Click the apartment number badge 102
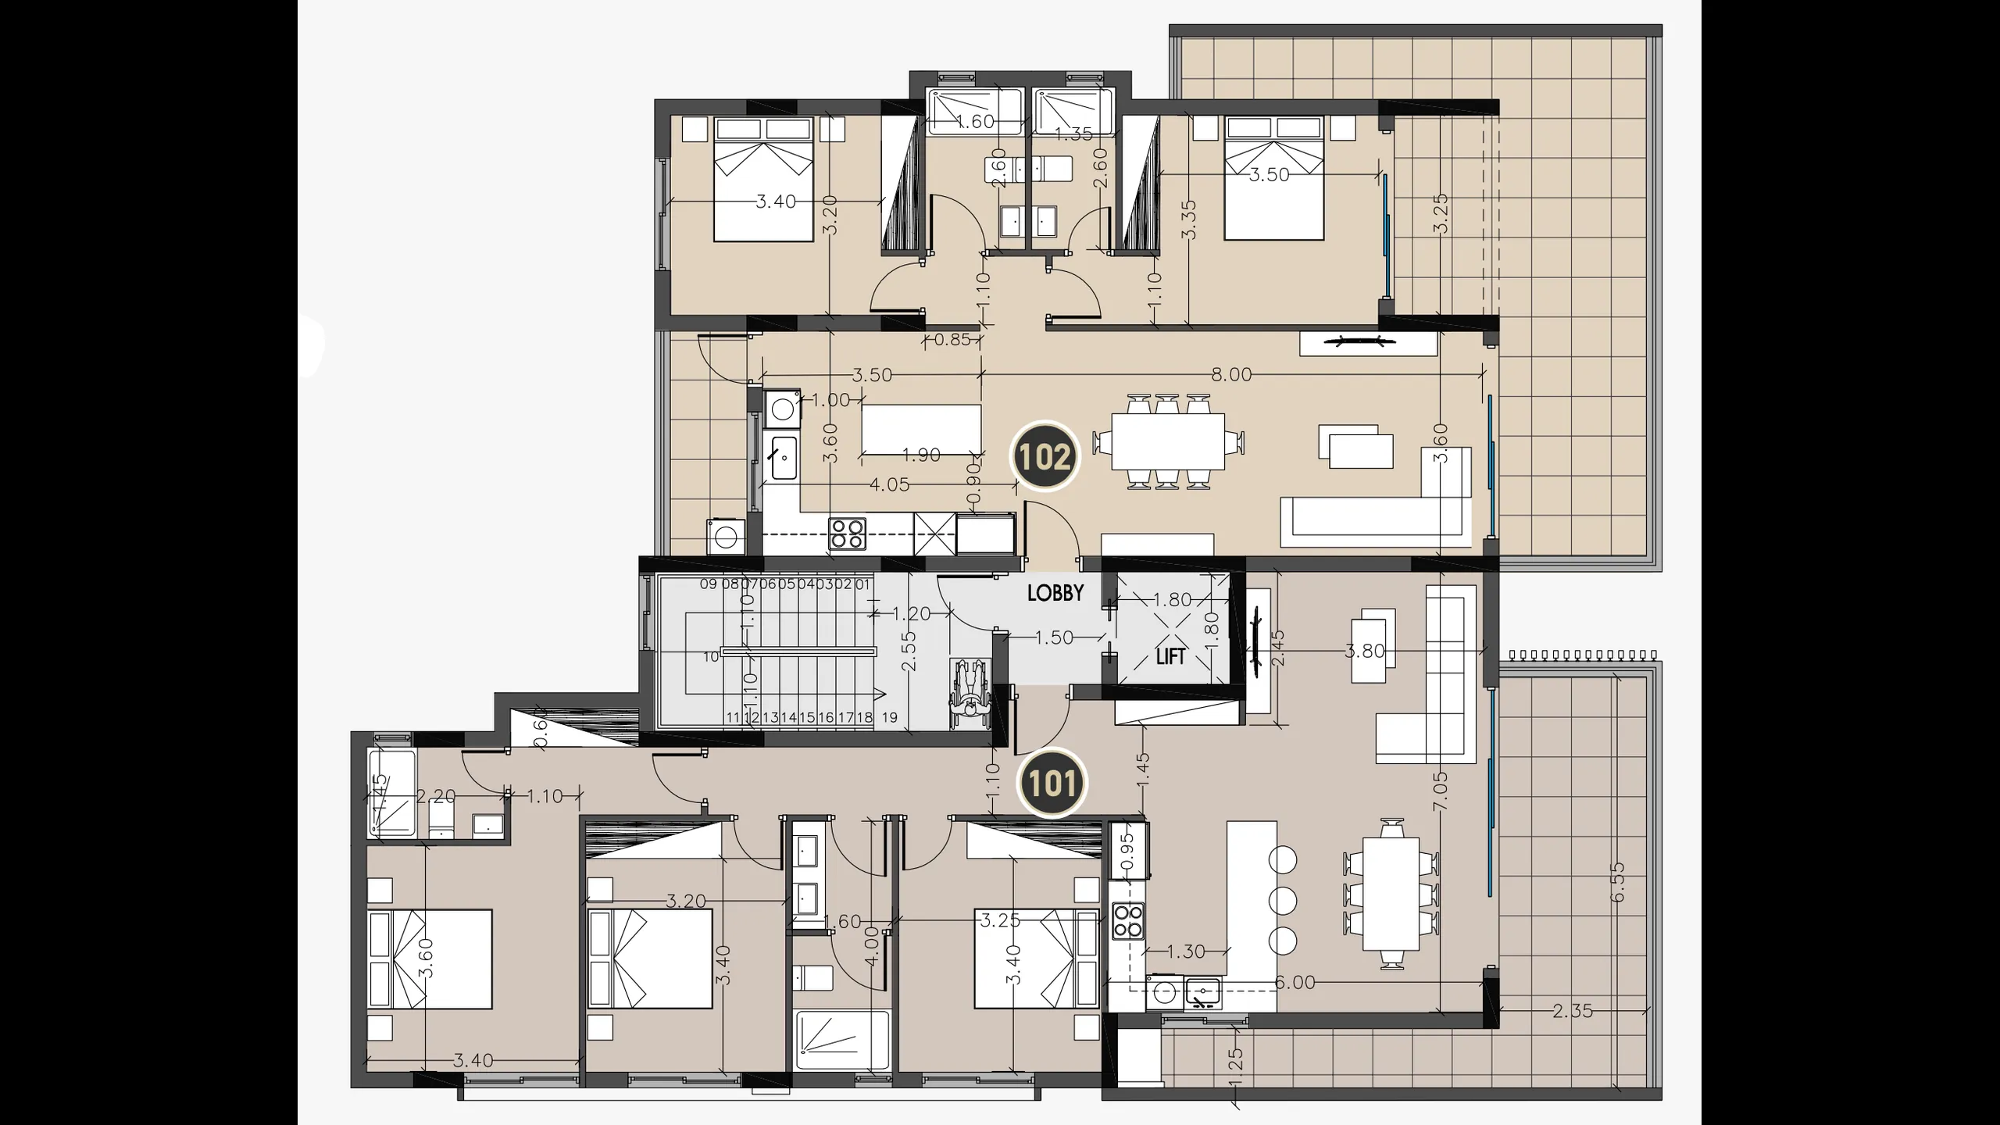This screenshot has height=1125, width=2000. (x=1045, y=457)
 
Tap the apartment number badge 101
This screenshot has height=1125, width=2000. (x=1052, y=784)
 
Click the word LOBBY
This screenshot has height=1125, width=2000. (x=1055, y=593)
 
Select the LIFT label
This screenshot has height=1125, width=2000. (x=1170, y=657)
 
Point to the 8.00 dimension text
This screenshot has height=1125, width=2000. (x=1231, y=375)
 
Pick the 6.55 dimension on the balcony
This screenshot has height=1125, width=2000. (x=1617, y=882)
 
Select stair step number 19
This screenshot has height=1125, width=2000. (x=889, y=717)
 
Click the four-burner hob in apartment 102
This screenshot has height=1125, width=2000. (x=848, y=534)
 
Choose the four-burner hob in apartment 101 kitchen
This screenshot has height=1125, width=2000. (x=1127, y=921)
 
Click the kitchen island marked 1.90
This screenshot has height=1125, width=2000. (x=921, y=429)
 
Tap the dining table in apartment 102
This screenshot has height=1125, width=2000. (x=1167, y=441)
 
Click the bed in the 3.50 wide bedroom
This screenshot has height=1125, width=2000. (x=1273, y=178)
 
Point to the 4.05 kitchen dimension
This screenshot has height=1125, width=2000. (x=890, y=485)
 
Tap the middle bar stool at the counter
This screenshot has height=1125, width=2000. (x=1283, y=900)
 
